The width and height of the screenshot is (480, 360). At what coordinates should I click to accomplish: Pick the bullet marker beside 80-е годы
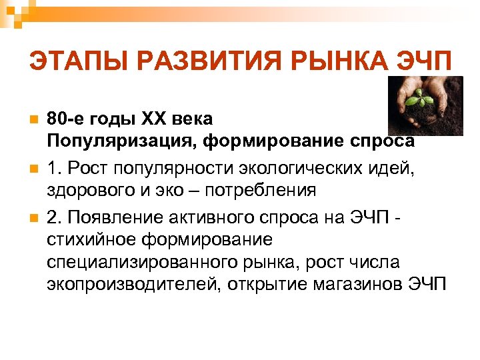[31, 120]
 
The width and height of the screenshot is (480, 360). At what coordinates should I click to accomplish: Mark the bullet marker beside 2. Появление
[31, 217]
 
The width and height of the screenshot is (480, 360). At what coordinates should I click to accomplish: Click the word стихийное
[90, 239]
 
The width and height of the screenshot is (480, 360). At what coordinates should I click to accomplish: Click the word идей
[393, 167]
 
